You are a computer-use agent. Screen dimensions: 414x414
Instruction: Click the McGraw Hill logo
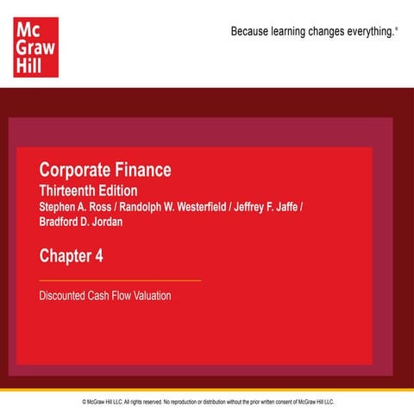click(34, 48)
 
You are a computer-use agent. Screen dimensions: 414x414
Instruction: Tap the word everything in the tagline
click(370, 32)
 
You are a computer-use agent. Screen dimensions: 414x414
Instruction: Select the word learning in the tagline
click(294, 32)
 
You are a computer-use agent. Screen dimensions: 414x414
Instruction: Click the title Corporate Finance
click(105, 170)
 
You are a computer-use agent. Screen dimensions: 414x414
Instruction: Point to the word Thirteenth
click(73, 191)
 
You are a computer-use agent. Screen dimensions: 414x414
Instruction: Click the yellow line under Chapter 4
click(120, 280)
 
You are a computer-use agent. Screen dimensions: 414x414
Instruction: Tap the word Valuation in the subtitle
click(151, 296)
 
